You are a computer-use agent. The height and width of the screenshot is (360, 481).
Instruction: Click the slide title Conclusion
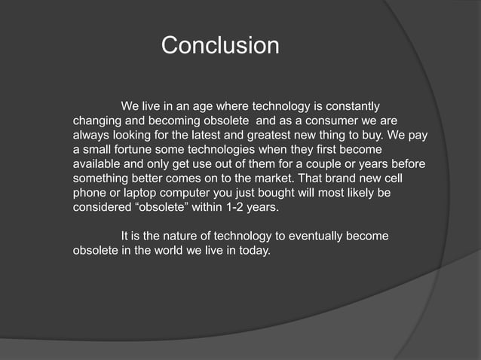pyautogui.click(x=220, y=45)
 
